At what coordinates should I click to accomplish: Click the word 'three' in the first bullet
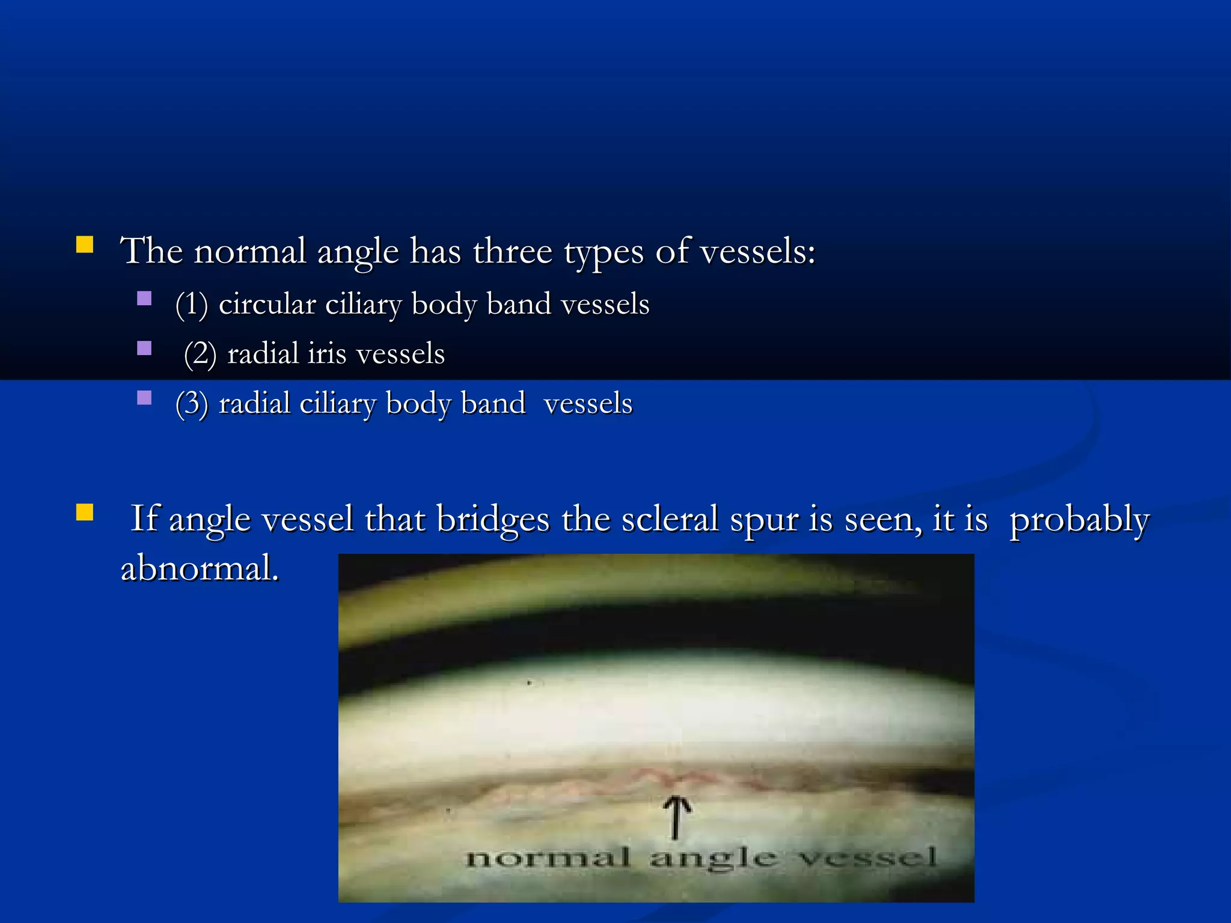coord(512,251)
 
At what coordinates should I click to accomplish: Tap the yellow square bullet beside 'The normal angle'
coord(85,245)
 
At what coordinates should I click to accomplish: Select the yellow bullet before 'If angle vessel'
coord(85,512)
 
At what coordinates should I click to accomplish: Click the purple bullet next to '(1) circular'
coord(144,299)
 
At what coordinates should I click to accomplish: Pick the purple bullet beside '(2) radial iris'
coord(144,349)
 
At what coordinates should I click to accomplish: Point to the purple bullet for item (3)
coord(144,398)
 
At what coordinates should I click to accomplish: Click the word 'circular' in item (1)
coord(267,304)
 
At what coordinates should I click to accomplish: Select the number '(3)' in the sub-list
coord(192,403)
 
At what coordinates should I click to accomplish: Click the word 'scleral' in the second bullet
coord(670,519)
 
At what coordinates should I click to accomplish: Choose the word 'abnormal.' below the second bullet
coord(200,568)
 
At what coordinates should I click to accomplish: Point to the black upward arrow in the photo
coord(677,817)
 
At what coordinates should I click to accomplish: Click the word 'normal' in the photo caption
coord(548,858)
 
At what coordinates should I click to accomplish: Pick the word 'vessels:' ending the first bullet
coord(758,251)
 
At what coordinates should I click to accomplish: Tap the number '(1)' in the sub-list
coord(192,304)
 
